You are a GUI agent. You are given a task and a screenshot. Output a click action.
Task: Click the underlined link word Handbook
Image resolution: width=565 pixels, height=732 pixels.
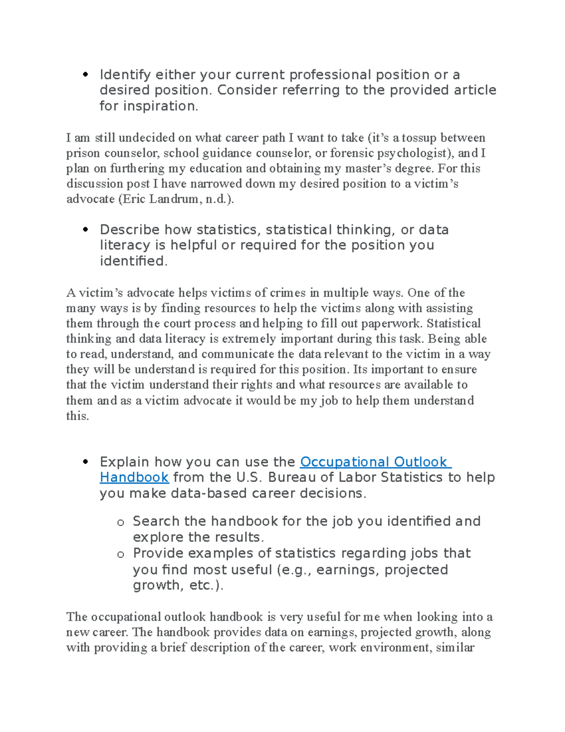click(134, 477)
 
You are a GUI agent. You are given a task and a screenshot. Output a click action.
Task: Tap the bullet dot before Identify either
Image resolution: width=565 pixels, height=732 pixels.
click(85, 74)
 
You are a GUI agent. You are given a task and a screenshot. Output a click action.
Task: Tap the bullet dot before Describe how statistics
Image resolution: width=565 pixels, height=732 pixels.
click(85, 230)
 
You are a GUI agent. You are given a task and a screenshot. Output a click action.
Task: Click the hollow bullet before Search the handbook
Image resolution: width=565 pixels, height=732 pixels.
click(121, 522)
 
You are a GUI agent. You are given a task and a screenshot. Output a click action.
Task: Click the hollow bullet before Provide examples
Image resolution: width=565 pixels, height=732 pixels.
click(121, 554)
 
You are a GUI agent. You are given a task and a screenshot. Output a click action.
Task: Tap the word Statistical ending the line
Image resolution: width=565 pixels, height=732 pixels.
click(453, 323)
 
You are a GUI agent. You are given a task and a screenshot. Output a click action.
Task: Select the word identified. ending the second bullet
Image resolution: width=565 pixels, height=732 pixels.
click(133, 261)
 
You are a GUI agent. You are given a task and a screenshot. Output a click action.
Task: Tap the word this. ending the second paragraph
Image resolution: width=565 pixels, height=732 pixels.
click(78, 416)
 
